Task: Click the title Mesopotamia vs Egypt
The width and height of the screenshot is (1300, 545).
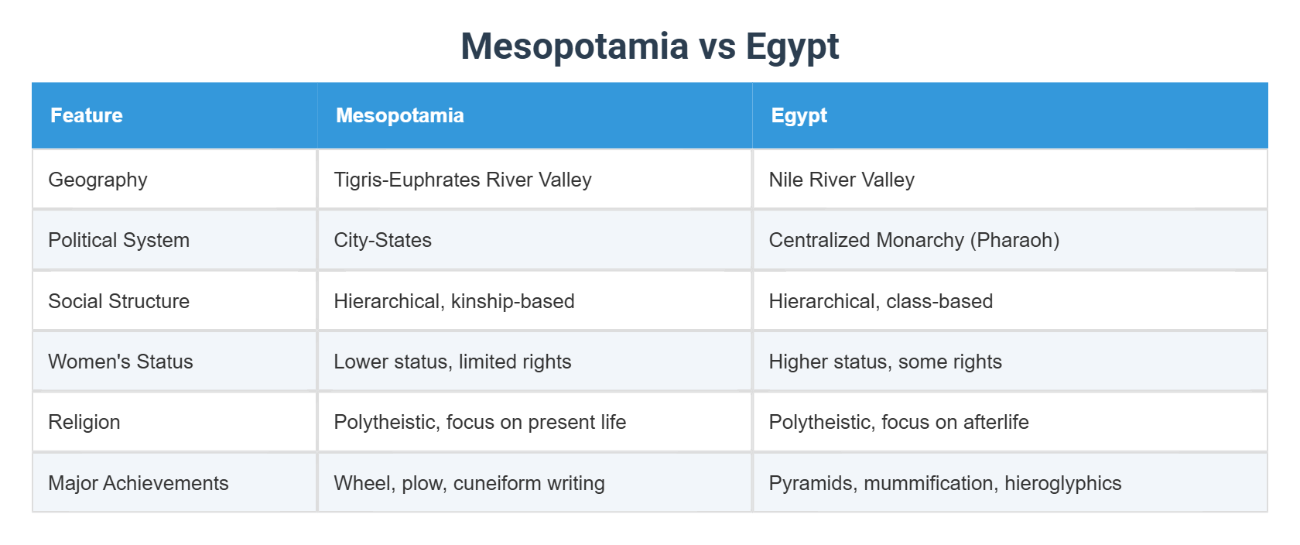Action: coord(649,46)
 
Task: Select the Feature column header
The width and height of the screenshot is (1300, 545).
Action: coord(87,115)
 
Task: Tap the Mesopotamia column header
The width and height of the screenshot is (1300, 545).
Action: coord(399,115)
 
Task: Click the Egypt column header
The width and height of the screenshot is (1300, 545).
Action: coord(799,115)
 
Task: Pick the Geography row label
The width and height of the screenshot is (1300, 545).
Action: coord(97,180)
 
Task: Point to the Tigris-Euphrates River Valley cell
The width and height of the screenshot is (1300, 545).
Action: coord(462,180)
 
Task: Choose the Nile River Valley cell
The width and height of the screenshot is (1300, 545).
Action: coord(841,180)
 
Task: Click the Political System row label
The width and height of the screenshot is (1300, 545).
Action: coord(118,240)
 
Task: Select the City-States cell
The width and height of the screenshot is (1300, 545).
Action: coord(382,240)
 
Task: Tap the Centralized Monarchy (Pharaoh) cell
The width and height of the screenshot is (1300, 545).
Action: coord(913,240)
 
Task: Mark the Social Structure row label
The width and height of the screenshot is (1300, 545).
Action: coord(118,301)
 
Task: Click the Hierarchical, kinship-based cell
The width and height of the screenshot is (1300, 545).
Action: coord(453,301)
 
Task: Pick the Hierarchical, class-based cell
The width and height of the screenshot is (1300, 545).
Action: coord(880,301)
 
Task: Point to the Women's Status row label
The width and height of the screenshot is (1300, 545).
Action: coord(120,362)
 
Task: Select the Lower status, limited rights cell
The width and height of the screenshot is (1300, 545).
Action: coord(452,362)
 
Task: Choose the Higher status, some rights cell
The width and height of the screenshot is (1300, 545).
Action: coord(884,362)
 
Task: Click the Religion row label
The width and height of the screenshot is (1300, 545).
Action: coord(84,422)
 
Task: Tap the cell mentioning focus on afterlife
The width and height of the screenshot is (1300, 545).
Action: coord(898,422)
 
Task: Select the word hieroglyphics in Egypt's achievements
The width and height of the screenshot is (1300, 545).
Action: coord(1062,483)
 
